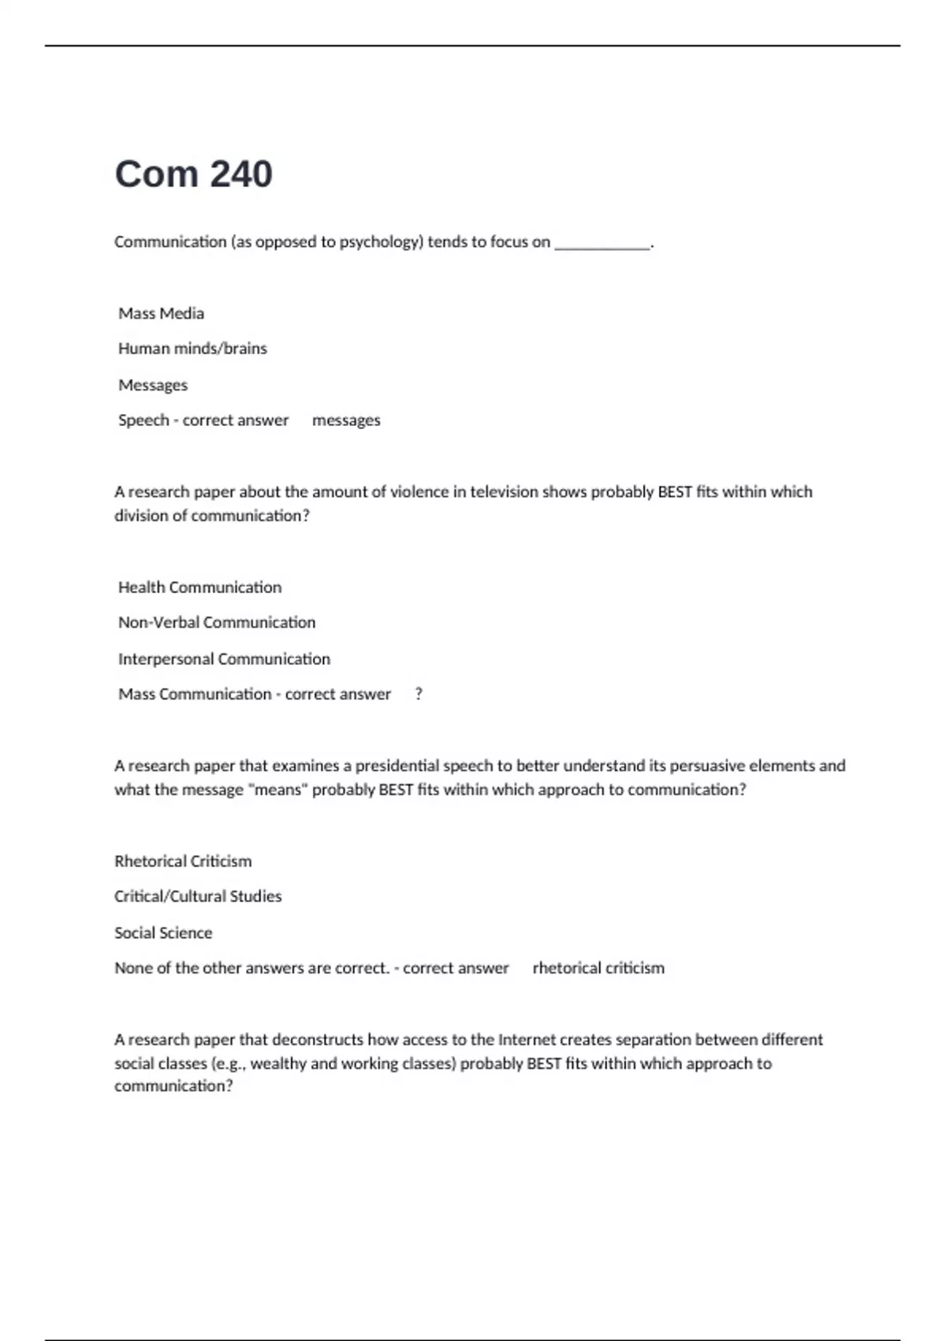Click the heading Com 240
tap(193, 174)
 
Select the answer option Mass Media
tap(161, 313)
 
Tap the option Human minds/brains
tap(192, 349)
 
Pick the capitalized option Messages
tap(153, 385)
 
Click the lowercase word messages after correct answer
tap(346, 420)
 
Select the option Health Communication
tap(199, 587)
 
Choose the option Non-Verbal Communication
tap(217, 622)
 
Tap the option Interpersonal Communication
tap(224, 659)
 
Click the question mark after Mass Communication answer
tap(419, 694)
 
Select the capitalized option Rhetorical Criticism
tap(183, 861)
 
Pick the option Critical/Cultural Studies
tap(198, 896)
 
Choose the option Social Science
tap(163, 932)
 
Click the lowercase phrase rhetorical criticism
tap(598, 968)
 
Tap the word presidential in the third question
tap(397, 765)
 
